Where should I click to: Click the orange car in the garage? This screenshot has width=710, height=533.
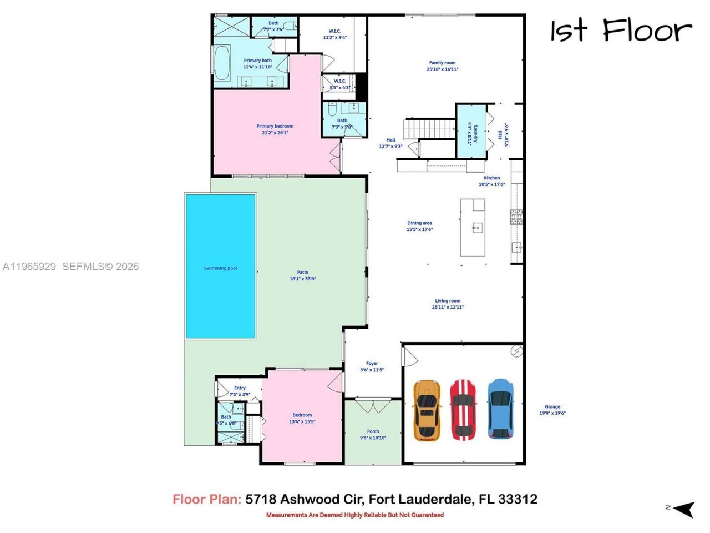[427, 410]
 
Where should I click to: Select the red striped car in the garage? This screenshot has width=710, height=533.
[463, 410]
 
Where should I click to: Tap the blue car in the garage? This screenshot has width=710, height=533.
[500, 409]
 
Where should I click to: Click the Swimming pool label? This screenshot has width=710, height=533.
[220, 268]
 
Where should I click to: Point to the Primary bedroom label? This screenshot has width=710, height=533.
[275, 126]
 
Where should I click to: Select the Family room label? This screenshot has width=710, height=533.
[442, 63]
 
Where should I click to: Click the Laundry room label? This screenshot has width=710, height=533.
[474, 133]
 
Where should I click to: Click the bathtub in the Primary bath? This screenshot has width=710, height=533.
[222, 64]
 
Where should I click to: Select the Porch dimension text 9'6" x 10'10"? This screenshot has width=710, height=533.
[373, 438]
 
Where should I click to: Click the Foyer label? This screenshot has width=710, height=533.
[372, 364]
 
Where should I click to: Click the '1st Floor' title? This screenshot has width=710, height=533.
[621, 31]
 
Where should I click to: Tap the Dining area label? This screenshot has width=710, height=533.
[419, 223]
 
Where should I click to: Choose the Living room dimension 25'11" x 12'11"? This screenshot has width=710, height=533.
[448, 307]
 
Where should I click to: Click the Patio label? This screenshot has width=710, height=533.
[302, 272]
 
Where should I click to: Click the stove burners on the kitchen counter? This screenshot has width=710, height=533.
[516, 217]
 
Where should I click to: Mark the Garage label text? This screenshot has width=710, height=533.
[552, 406]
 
